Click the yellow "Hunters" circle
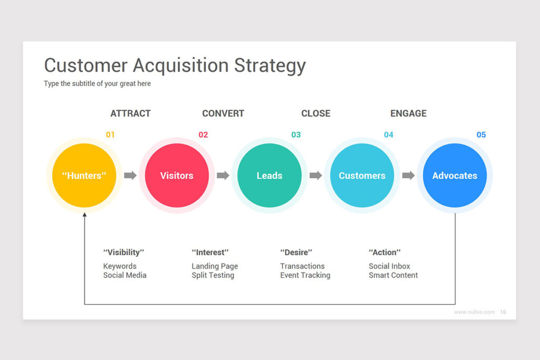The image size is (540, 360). [x=84, y=175]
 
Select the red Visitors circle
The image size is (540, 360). [x=177, y=175]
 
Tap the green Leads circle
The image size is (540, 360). [x=269, y=175]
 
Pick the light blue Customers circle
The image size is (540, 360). [x=362, y=175]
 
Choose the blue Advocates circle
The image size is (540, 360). [x=455, y=175]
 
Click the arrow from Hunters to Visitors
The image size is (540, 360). [x=130, y=175]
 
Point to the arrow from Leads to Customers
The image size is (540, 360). [x=315, y=175]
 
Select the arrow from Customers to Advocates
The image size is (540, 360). [x=408, y=175]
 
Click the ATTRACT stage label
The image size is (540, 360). [x=131, y=113]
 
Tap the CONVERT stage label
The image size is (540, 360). [x=223, y=113]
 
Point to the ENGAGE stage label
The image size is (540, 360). [x=409, y=113]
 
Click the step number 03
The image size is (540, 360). [x=296, y=134]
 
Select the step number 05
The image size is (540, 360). [x=481, y=134]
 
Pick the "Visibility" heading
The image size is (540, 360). [x=123, y=252]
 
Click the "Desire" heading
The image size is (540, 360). [x=296, y=252]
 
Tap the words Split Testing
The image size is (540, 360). [x=213, y=275]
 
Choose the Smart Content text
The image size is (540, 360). [x=393, y=275]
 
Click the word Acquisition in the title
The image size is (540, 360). [x=181, y=65]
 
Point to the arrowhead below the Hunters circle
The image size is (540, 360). [x=84, y=215]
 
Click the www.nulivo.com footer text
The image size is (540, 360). [x=474, y=312]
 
